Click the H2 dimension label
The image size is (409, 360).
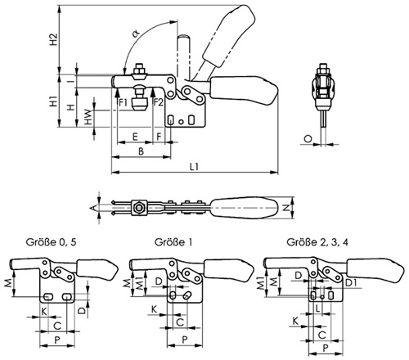tap(54, 39)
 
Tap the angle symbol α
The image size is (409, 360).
tap(136, 34)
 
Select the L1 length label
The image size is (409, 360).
tap(194, 167)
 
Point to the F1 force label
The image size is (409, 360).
tap(123, 102)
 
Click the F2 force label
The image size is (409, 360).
tap(158, 102)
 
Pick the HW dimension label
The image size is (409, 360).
tap(88, 117)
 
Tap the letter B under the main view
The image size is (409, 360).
tap(141, 151)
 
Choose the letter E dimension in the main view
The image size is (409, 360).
tap(135, 137)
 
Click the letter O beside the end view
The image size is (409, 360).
tap(308, 139)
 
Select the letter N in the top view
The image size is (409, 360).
tap(285, 208)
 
